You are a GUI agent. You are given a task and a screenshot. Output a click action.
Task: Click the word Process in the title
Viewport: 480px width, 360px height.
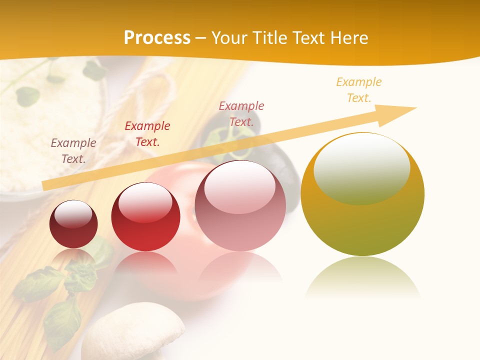(x=157, y=38)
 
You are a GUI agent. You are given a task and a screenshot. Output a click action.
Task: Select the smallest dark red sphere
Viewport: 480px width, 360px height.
(x=73, y=224)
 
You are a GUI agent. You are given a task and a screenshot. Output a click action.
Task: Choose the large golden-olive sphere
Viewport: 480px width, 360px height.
(x=362, y=200)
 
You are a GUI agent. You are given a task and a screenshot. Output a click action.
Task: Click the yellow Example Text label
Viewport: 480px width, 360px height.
(x=359, y=90)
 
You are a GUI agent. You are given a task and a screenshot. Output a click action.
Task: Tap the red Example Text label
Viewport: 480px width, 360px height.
(x=147, y=134)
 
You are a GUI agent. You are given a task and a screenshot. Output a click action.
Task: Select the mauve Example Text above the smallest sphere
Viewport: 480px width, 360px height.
(x=73, y=150)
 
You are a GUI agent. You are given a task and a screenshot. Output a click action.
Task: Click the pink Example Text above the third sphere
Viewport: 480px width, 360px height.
(x=241, y=113)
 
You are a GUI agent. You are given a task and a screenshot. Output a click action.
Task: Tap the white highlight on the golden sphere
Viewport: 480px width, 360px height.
(x=361, y=168)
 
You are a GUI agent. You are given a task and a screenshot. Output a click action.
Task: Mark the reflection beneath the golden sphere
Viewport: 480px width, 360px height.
(x=362, y=278)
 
